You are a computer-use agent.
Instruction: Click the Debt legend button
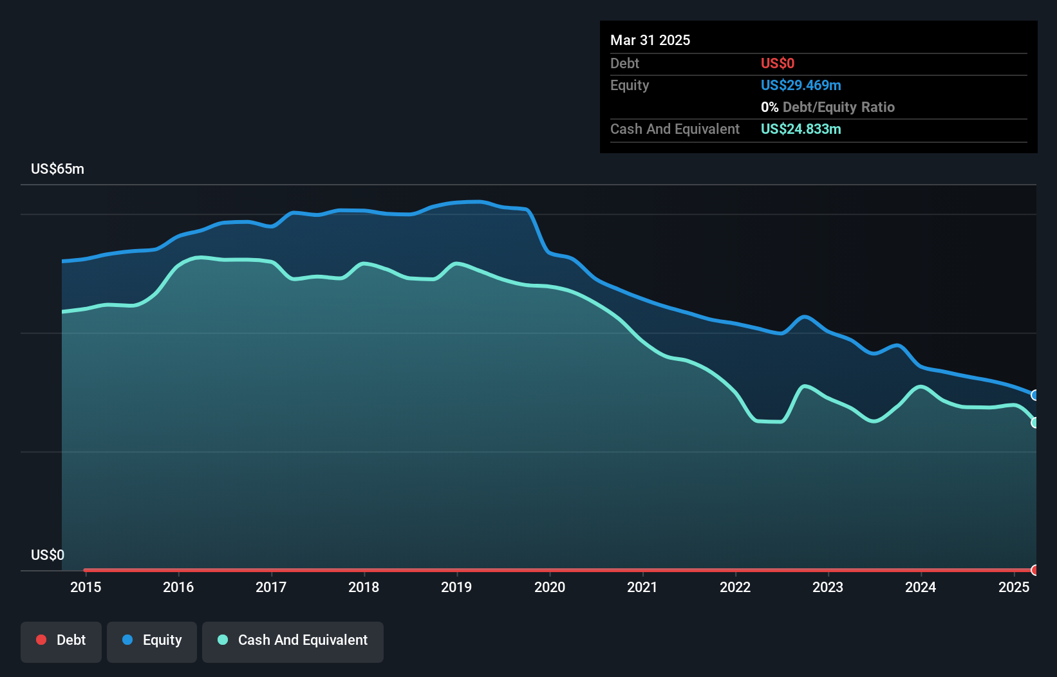tap(61, 641)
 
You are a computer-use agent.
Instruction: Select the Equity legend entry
tap(152, 641)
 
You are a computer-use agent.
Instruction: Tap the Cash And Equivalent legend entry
tap(293, 641)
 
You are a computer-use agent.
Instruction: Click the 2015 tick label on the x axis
tap(86, 588)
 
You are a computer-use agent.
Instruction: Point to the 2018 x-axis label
tap(364, 588)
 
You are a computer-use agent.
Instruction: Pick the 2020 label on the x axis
tap(550, 588)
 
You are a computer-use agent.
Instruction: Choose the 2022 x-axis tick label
tap(735, 588)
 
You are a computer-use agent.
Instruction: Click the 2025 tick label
tap(1014, 588)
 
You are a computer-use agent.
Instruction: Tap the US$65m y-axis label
tap(58, 169)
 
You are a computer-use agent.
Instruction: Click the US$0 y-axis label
tap(48, 555)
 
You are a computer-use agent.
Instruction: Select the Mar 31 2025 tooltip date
tap(650, 41)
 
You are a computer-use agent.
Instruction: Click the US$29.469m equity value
tap(801, 86)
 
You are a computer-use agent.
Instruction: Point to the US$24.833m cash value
tap(801, 129)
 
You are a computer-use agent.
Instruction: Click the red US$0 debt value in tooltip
tap(778, 64)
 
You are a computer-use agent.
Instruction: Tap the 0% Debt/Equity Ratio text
tap(828, 107)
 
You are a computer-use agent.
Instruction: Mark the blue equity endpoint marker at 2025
tap(1035, 395)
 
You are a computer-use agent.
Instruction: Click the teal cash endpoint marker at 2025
tap(1035, 423)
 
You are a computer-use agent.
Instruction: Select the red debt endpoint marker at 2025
tap(1035, 570)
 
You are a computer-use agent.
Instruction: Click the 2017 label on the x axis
tap(271, 588)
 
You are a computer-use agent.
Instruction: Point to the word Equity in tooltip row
tap(630, 86)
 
